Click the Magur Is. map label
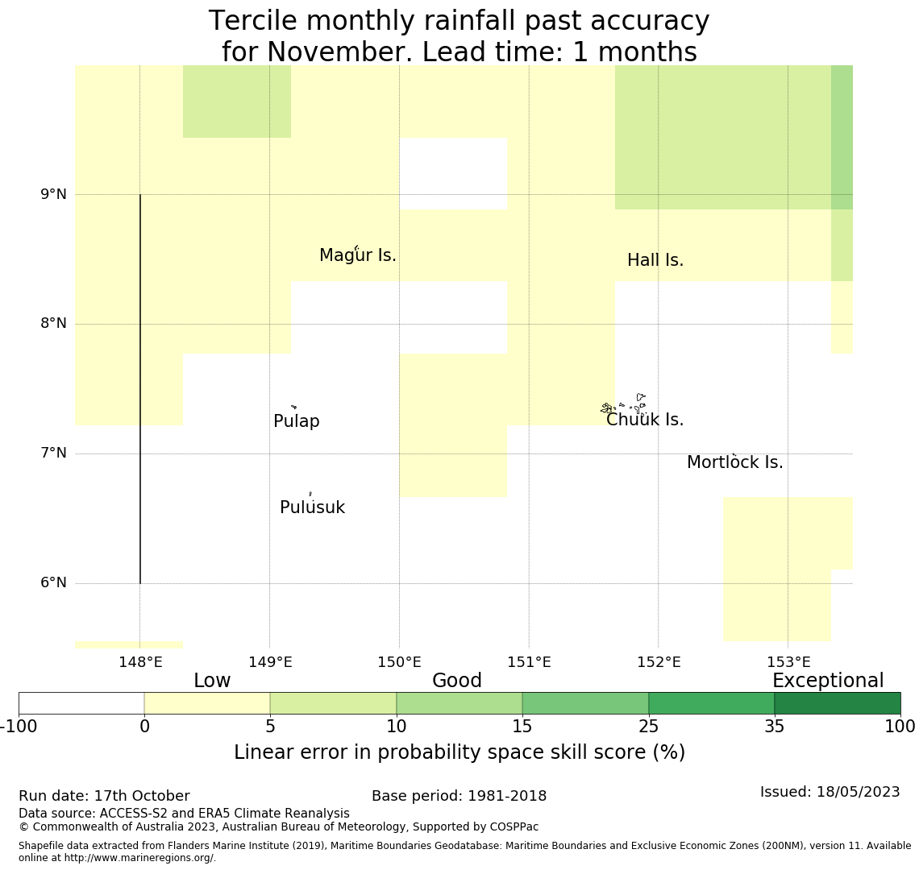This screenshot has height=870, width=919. pos(358,255)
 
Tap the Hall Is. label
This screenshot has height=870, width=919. pos(655,260)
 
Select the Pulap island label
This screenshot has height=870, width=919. pos(297,421)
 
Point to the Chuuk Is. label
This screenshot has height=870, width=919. pos(645,420)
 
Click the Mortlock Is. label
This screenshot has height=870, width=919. pos(734,462)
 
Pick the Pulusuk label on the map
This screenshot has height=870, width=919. pos(312,507)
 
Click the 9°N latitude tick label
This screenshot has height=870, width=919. pos(53,194)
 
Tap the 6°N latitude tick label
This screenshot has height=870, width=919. pos(53,582)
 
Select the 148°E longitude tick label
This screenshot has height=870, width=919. pos(140,662)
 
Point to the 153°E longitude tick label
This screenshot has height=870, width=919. pos(788,662)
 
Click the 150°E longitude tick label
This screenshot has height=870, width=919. pos(399,662)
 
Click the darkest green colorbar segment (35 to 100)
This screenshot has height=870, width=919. pos(837,702)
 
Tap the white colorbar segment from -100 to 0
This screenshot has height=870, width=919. pos(81,702)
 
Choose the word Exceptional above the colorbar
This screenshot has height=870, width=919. pos(828,681)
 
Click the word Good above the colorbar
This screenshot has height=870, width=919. pos(457,681)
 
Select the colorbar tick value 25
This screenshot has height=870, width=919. pos(648,726)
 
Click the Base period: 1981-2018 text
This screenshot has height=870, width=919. pos(459,796)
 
